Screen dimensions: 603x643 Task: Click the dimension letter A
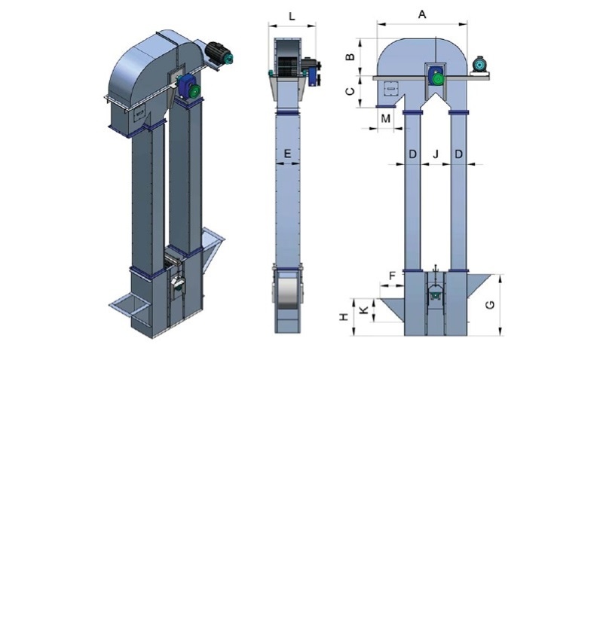422,15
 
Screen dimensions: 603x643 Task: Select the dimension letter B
350,56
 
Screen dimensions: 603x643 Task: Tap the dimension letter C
350,91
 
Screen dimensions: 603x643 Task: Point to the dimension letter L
292,17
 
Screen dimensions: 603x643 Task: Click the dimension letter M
386,118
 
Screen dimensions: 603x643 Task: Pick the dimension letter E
287,154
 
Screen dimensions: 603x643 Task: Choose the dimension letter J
436,154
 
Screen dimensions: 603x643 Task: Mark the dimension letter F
393,276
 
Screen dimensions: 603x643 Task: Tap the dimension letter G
490,305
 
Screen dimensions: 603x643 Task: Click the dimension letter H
344,316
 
